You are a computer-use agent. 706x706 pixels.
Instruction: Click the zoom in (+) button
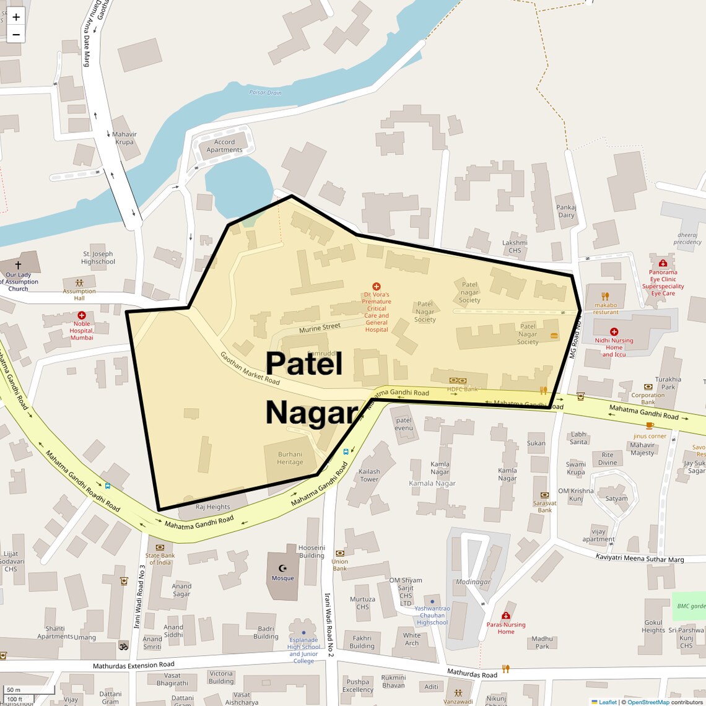(16, 17)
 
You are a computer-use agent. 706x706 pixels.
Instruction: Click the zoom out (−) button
(16, 35)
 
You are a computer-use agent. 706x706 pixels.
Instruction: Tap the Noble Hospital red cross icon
(82, 315)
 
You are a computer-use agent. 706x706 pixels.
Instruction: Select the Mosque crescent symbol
(283, 568)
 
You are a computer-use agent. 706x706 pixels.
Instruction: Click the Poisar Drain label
(265, 92)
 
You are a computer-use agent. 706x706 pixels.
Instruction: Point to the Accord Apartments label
(224, 146)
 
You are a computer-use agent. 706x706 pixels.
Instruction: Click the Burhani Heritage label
(290, 458)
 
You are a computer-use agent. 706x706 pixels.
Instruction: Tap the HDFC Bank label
(463, 389)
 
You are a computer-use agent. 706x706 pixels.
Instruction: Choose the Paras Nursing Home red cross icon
(506, 616)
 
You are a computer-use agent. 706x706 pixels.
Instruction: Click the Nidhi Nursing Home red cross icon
(614, 332)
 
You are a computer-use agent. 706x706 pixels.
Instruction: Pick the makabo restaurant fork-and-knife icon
(606, 296)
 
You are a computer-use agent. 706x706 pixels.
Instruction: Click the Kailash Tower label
(369, 475)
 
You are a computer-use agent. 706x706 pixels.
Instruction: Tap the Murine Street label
(320, 328)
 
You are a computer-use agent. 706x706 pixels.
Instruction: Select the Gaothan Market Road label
(250, 368)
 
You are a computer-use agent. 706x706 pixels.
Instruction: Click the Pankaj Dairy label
(566, 211)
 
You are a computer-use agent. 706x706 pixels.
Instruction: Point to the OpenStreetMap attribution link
(648, 702)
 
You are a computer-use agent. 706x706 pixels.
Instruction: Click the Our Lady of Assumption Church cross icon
(18, 265)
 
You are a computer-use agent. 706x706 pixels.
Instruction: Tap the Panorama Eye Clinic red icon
(663, 263)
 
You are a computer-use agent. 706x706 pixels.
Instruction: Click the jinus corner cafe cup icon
(649, 425)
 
